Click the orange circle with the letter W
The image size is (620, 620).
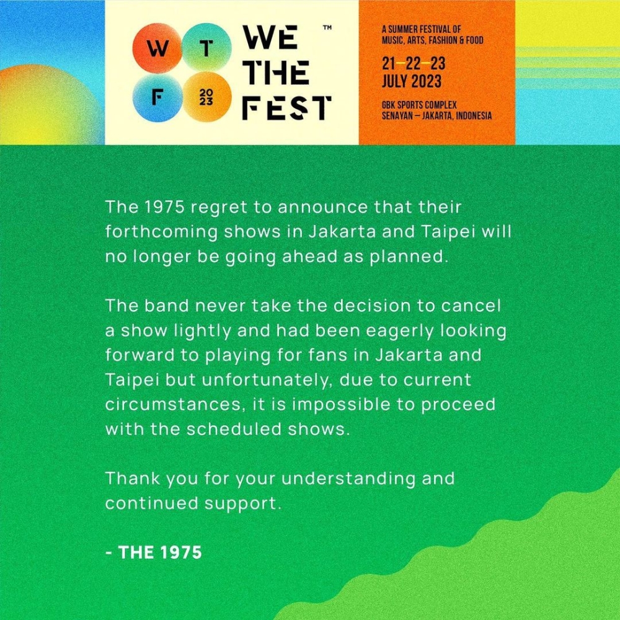[x=157, y=49]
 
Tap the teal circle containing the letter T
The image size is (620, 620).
[x=207, y=48]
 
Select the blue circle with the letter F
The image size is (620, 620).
[x=157, y=98]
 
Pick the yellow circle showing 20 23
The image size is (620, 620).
[x=206, y=98]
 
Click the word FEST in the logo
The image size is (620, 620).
[x=286, y=109]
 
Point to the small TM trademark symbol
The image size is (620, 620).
[x=327, y=28]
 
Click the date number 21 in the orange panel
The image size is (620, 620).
[x=389, y=64]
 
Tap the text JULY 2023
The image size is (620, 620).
[x=412, y=81]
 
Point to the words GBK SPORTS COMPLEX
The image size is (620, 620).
[x=419, y=105]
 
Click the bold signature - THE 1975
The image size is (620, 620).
[x=154, y=552]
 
